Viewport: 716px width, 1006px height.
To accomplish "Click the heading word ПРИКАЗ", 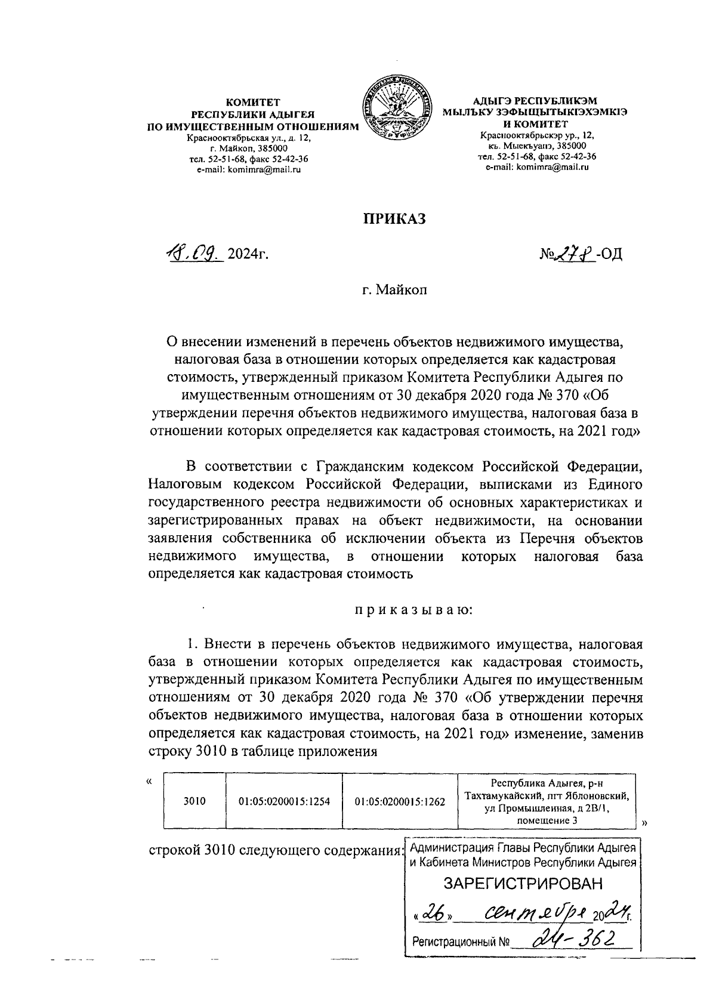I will pyautogui.click(x=395, y=219).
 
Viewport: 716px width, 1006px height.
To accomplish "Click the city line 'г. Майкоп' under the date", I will pyautogui.click(x=394, y=291).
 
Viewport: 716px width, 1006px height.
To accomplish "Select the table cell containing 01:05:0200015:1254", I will pyautogui.click(x=284, y=801).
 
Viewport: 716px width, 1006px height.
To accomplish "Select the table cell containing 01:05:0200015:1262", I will pyautogui.click(x=400, y=801).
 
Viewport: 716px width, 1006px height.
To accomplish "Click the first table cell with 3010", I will pyautogui.click(x=195, y=801).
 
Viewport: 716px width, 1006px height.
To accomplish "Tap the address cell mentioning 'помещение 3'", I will pyautogui.click(x=546, y=801).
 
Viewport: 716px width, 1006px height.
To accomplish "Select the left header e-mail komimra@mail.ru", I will pyautogui.click(x=248, y=170).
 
